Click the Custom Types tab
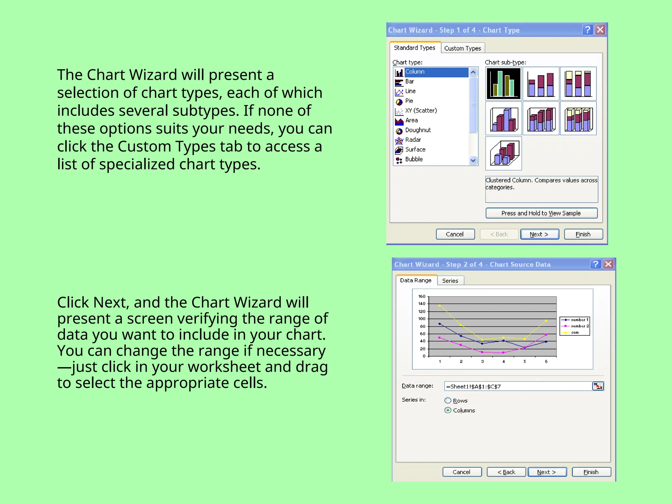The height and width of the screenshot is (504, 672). [463, 48]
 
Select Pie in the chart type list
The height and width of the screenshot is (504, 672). [409, 101]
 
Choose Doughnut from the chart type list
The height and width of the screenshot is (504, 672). [418, 130]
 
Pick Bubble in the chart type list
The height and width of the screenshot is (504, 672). [414, 159]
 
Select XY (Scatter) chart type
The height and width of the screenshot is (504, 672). [421, 111]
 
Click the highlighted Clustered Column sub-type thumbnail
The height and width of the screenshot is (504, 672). [503, 84]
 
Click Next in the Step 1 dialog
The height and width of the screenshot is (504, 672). [539, 234]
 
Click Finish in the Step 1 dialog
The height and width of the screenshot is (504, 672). [583, 234]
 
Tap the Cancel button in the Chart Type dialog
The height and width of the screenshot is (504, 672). [455, 234]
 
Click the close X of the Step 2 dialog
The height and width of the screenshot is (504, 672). [608, 264]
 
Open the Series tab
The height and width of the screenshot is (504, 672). [450, 281]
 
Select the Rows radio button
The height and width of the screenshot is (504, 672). [448, 401]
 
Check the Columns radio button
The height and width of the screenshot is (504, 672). [448, 410]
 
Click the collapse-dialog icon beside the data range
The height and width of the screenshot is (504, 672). [598, 386]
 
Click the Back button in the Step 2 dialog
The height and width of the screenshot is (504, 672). [506, 472]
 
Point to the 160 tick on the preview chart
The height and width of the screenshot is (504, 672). [422, 296]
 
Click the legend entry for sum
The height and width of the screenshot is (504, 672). [575, 332]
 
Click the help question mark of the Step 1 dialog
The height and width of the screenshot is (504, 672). [588, 30]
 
